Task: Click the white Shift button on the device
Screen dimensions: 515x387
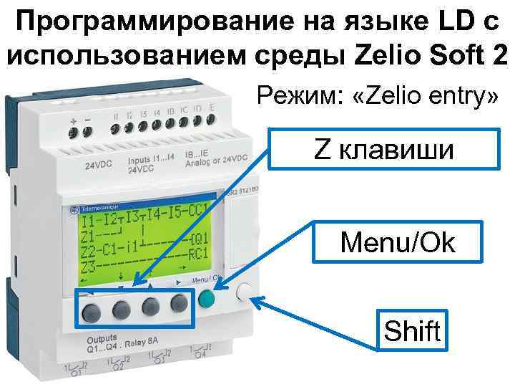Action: (x=244, y=293)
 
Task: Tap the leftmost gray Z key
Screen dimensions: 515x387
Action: (x=91, y=310)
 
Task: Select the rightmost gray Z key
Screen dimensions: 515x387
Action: (x=179, y=304)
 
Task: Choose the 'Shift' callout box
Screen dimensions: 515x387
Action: (x=413, y=331)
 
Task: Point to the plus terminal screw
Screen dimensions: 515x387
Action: (x=74, y=132)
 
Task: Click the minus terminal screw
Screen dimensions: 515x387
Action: (x=88, y=131)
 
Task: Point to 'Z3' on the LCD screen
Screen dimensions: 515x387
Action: (x=89, y=269)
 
